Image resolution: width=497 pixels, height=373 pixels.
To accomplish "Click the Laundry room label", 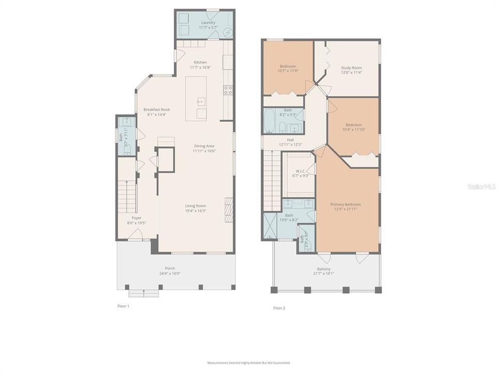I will (x=208, y=23).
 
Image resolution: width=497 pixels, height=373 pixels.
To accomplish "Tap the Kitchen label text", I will (x=199, y=62).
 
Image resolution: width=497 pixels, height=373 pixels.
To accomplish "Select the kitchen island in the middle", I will (x=196, y=98).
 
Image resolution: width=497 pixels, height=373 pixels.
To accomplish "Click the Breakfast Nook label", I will (x=157, y=110).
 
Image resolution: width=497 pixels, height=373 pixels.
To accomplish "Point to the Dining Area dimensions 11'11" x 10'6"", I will (x=203, y=151).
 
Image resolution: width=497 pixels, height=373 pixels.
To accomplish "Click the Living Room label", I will (x=196, y=206).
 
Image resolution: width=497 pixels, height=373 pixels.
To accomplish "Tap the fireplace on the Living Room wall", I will (x=228, y=209).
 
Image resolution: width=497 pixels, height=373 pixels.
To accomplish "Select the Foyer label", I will (x=136, y=218).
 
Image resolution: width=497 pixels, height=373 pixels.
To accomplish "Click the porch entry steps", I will (x=143, y=293).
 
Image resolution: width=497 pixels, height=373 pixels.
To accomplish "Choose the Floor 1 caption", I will (x=123, y=306).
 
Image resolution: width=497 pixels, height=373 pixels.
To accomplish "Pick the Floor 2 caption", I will (x=279, y=308).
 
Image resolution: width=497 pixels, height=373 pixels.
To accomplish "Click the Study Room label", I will (x=351, y=68).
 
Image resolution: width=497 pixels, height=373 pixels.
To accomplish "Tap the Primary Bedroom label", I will (x=345, y=205).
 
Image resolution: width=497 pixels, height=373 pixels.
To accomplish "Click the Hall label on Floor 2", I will (x=290, y=140).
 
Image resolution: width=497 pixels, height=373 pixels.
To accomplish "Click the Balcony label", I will (x=325, y=269).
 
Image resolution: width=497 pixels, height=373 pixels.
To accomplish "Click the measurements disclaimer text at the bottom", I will (x=248, y=363).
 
